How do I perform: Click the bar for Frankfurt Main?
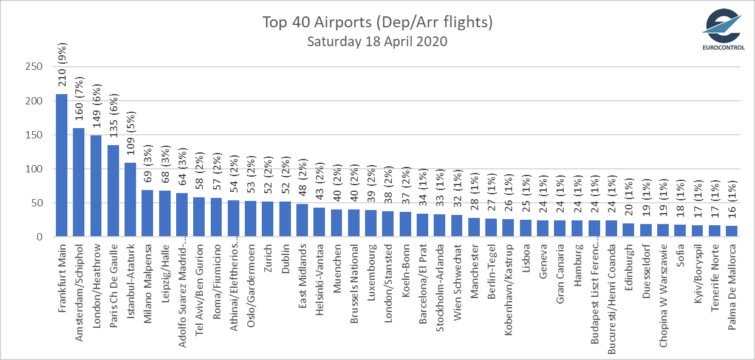coord(61,165)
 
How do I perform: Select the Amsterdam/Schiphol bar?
coord(79,182)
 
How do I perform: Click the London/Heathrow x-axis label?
coord(96,277)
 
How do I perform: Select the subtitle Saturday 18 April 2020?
coord(377,42)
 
